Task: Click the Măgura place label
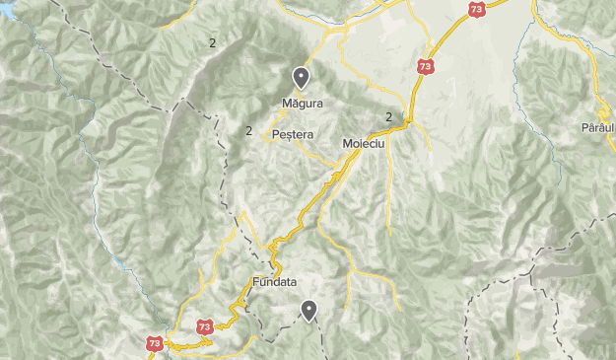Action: [302, 102]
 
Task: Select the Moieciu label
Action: [362, 144]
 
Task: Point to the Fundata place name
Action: [274, 281]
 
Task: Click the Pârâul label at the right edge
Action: [597, 129]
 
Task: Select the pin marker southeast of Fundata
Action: [309, 311]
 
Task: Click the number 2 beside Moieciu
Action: [389, 116]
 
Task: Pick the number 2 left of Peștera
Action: [249, 130]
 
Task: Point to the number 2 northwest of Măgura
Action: [211, 41]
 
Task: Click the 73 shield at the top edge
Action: [476, 9]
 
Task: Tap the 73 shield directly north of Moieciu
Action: [425, 67]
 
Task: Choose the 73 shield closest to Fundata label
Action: [204, 325]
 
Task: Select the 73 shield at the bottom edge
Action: [155, 343]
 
